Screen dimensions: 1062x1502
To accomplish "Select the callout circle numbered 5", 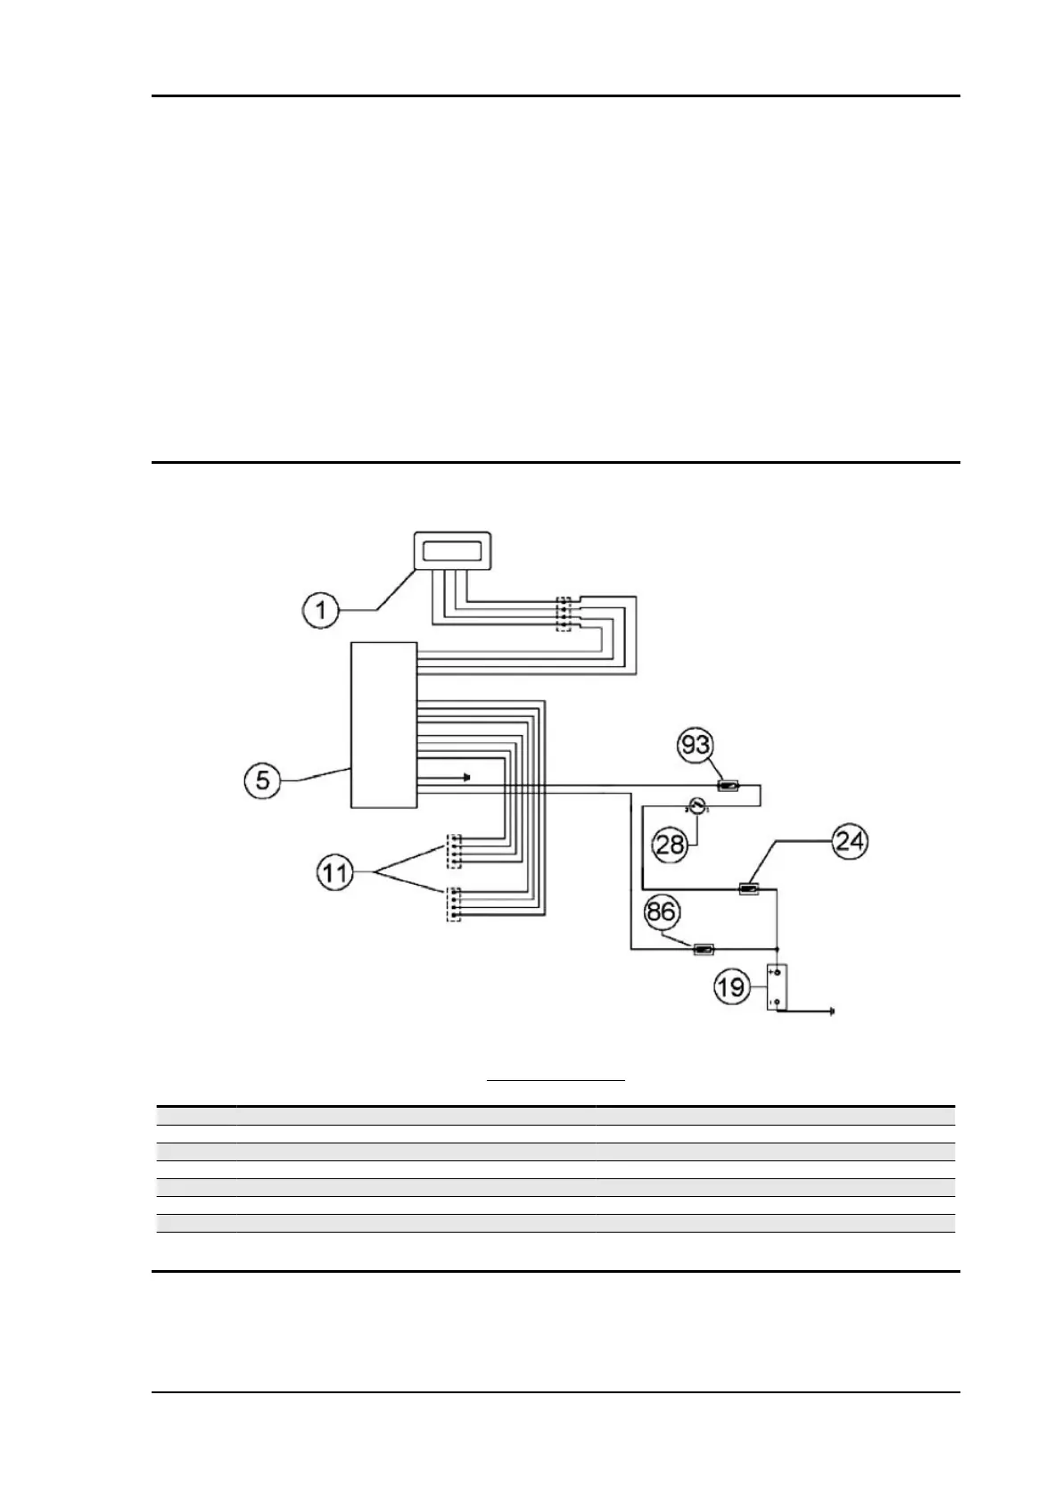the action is coord(263,780).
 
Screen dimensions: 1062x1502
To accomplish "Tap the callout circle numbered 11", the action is coord(336,872).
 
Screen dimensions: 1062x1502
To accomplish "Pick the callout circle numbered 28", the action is coord(671,843).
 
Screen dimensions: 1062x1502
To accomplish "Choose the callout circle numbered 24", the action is coord(849,840).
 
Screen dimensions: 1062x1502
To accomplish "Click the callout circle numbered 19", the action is coord(732,987).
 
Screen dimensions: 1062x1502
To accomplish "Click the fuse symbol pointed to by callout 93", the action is coord(729,786).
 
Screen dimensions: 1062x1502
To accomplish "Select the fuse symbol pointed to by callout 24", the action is coord(749,888).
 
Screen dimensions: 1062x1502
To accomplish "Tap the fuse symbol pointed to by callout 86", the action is coord(704,950).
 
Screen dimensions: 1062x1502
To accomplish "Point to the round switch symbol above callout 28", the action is coord(697,807).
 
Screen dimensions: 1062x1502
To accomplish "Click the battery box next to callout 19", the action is coord(778,987).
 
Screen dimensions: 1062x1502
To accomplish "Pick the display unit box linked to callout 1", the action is coord(453,549).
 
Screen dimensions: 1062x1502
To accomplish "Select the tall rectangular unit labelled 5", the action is coord(383,724).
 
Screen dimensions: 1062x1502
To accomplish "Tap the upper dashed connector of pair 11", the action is coord(454,850).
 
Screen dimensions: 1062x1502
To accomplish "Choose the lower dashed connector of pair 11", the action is coord(454,904).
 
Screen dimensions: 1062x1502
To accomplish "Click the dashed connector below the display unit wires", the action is coord(563,614).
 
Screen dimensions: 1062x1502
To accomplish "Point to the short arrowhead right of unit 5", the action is coord(466,777).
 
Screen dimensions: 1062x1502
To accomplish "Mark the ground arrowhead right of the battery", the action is coord(831,1011).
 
